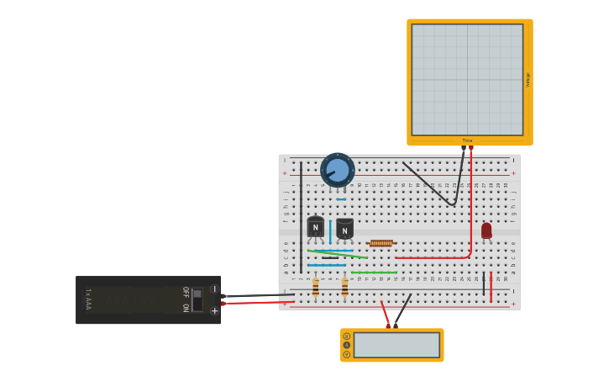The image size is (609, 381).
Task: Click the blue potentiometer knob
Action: (x=338, y=170)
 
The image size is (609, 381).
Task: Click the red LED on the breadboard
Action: (x=486, y=230)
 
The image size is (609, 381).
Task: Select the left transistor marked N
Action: (x=315, y=226)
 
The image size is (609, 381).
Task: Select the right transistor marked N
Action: (x=344, y=229)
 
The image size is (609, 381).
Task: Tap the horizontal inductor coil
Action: (x=381, y=243)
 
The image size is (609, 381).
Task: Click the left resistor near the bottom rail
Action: (x=316, y=288)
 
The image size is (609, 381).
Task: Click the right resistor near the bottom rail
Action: (x=344, y=288)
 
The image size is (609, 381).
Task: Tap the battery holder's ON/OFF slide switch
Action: (x=197, y=299)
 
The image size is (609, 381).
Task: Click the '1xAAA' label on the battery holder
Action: (x=87, y=300)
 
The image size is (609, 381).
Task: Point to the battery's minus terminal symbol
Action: (x=214, y=289)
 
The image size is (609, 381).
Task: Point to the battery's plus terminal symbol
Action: (x=214, y=310)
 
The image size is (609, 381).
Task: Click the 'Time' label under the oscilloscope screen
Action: (x=467, y=140)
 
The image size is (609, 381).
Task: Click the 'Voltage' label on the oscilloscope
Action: (x=528, y=80)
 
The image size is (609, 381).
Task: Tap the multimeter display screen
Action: (x=396, y=345)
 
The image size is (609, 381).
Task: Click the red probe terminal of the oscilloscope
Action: (x=471, y=149)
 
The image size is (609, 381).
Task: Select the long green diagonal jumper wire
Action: (x=338, y=253)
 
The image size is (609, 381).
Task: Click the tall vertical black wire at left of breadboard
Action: (x=301, y=219)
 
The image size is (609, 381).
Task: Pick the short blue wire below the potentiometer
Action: (x=341, y=199)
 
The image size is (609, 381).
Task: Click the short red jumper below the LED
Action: (x=491, y=287)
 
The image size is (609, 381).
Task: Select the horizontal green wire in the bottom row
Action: (x=374, y=273)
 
